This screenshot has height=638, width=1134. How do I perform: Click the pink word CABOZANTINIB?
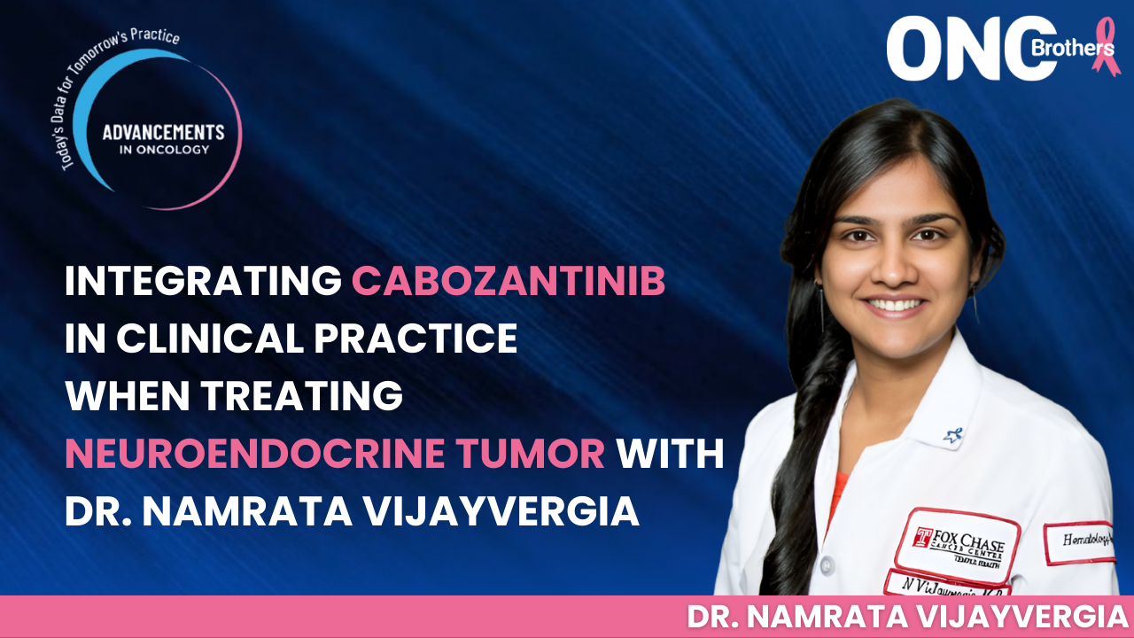click(509, 282)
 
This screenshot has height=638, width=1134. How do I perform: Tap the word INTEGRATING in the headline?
click(203, 282)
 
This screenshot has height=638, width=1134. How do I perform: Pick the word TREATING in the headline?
click(304, 397)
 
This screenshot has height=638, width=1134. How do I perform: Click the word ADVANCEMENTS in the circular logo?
click(163, 133)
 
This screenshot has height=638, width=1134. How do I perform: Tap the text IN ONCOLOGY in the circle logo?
click(163, 150)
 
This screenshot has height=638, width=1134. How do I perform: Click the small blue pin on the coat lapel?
click(951, 434)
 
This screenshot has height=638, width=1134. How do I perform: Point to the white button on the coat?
click(826, 564)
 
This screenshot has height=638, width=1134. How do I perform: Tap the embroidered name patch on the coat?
click(946, 586)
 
